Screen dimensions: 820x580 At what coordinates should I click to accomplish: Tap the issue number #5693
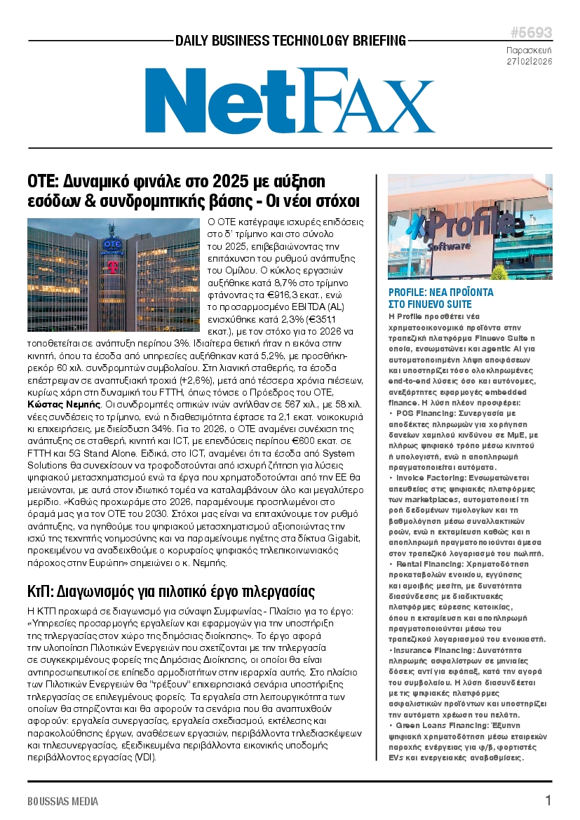(531, 33)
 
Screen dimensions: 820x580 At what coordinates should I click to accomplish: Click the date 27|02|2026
(530, 61)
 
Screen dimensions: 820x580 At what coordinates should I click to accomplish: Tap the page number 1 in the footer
(548, 800)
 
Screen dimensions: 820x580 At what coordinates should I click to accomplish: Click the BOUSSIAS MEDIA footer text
(63, 801)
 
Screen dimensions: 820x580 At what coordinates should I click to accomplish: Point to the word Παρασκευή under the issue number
(530, 50)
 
